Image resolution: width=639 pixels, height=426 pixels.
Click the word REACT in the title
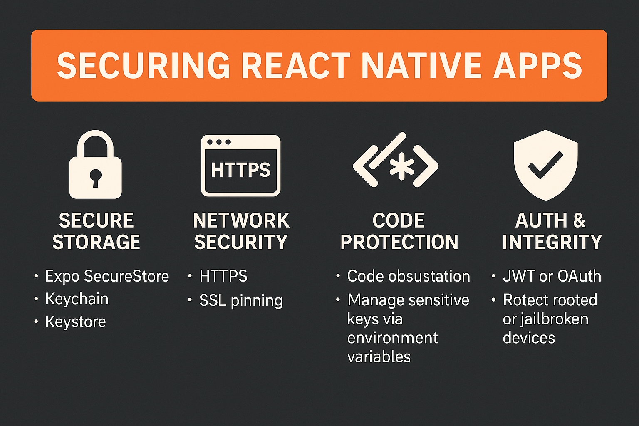tap(296, 66)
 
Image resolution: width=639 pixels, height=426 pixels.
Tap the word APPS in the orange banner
tap(537, 66)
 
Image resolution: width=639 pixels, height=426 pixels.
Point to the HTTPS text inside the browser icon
tap(240, 170)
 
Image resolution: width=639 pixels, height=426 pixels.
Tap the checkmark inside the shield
tap(545, 165)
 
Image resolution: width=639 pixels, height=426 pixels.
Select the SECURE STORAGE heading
tap(96, 231)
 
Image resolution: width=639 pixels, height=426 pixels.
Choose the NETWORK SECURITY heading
tap(241, 231)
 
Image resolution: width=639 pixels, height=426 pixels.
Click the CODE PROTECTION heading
tap(399, 231)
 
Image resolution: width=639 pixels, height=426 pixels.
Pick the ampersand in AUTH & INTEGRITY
tap(579, 220)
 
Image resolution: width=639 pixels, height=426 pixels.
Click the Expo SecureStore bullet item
tap(107, 276)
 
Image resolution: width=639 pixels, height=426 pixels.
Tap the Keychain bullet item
tap(77, 299)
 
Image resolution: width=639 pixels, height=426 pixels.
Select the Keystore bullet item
tap(75, 322)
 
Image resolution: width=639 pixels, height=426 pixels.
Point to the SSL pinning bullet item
tap(241, 300)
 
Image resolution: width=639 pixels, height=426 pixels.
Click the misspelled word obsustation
tap(429, 276)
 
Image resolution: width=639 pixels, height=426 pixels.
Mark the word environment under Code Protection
tap(392, 338)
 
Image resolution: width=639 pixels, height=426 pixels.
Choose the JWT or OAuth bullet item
tap(552, 276)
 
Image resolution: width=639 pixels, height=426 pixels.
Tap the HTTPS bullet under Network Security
tap(223, 276)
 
